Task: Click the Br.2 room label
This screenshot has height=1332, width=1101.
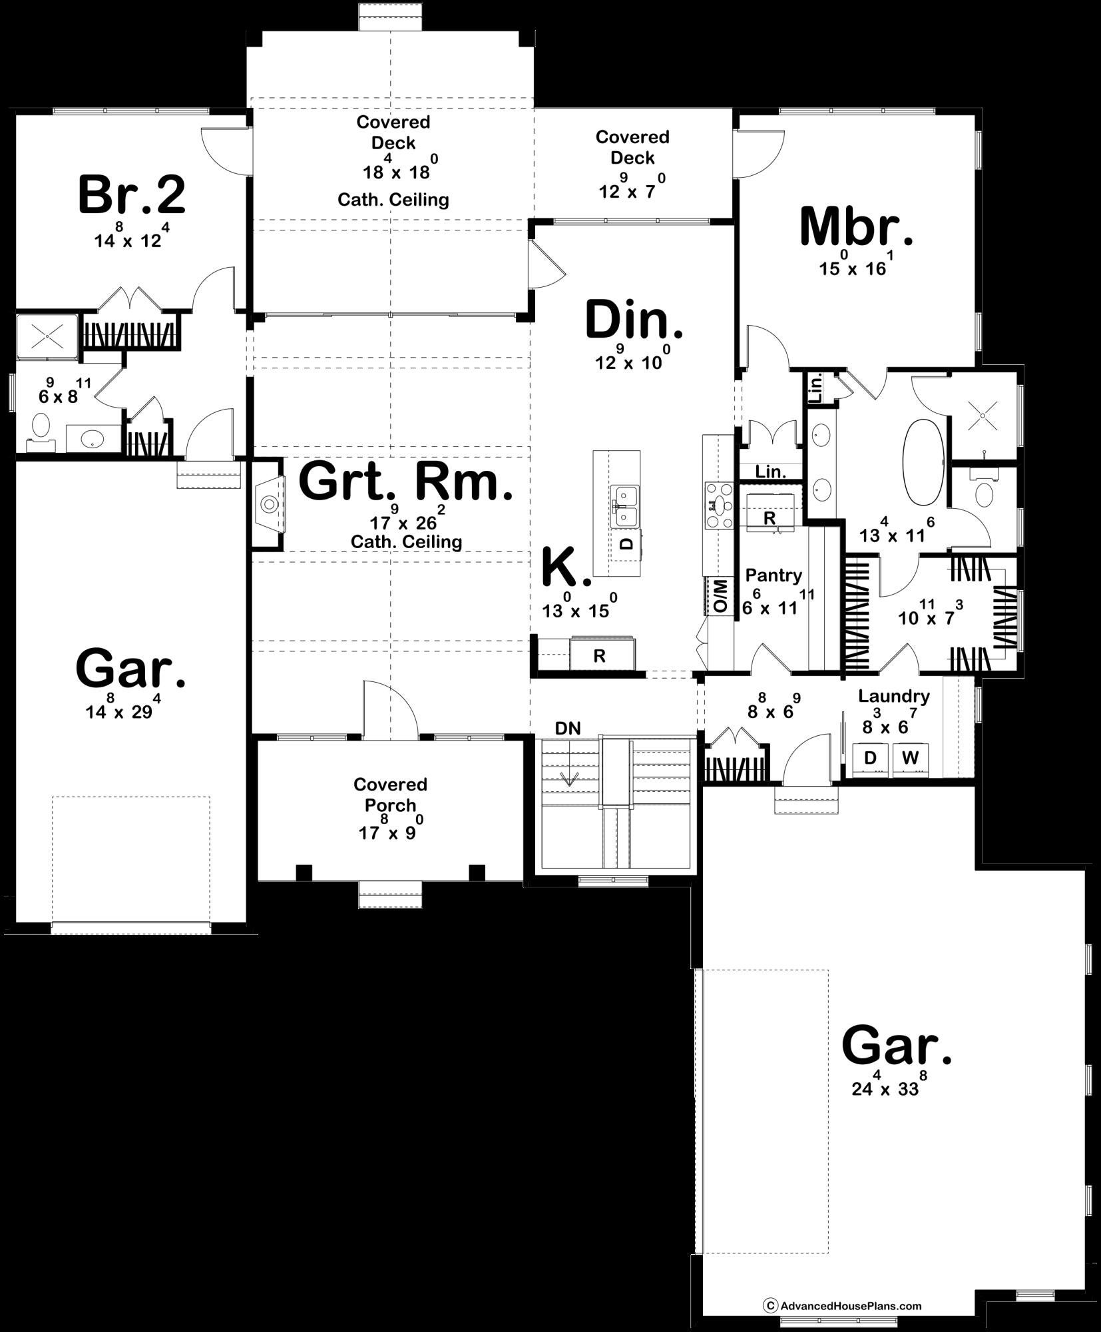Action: click(x=131, y=195)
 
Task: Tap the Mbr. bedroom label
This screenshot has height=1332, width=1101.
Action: click(x=856, y=227)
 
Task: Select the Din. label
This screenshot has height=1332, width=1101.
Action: click(x=634, y=320)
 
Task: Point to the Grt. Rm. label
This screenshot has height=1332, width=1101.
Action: click(x=406, y=482)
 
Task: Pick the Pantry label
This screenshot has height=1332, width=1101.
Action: click(x=773, y=575)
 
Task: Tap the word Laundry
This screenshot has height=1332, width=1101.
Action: click(x=893, y=697)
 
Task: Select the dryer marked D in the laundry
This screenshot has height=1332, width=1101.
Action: click(x=869, y=758)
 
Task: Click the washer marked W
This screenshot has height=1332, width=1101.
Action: click(x=910, y=758)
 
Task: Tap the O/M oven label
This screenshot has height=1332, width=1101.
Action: click(x=720, y=596)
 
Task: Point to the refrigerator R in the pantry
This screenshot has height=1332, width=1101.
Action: click(x=770, y=517)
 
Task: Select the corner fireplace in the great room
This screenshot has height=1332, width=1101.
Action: click(x=269, y=503)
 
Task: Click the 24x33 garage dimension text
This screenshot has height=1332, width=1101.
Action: click(x=889, y=1089)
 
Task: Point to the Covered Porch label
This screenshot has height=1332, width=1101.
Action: click(x=390, y=795)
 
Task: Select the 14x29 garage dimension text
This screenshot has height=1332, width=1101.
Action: click(x=123, y=711)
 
